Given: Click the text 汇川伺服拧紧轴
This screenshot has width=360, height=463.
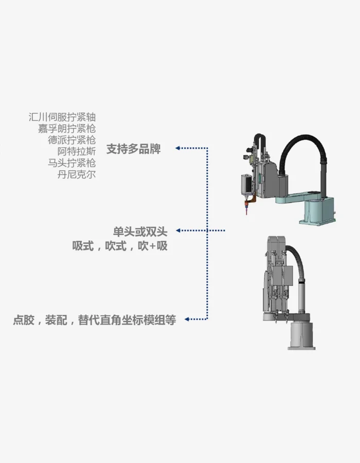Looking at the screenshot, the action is point(62,117).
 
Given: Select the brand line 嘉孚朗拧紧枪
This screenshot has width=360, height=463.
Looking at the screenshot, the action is point(67,129).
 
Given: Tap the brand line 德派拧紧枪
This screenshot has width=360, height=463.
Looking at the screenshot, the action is point(71,140).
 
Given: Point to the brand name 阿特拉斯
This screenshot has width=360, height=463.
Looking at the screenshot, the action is point(77,151).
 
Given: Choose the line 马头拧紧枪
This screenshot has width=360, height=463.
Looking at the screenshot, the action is point(71,163).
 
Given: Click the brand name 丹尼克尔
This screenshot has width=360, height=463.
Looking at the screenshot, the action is point(77,174).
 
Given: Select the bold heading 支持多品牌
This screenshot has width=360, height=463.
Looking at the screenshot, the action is point(133,149).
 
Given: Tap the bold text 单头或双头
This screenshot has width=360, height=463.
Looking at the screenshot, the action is point(140,232).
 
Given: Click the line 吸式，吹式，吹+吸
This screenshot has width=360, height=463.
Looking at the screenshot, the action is point(120,246).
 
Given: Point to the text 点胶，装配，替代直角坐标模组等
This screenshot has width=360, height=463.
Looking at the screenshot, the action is point(95,320).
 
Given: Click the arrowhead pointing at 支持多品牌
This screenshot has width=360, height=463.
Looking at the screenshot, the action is point(177,148).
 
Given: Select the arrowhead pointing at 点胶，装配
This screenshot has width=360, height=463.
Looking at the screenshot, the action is point(187,319).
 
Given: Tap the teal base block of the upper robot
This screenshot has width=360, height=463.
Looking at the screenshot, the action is point(319,211).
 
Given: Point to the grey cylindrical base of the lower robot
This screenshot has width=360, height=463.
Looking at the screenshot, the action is point(302,335).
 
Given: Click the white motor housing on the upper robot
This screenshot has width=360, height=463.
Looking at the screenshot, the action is point(246,184).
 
